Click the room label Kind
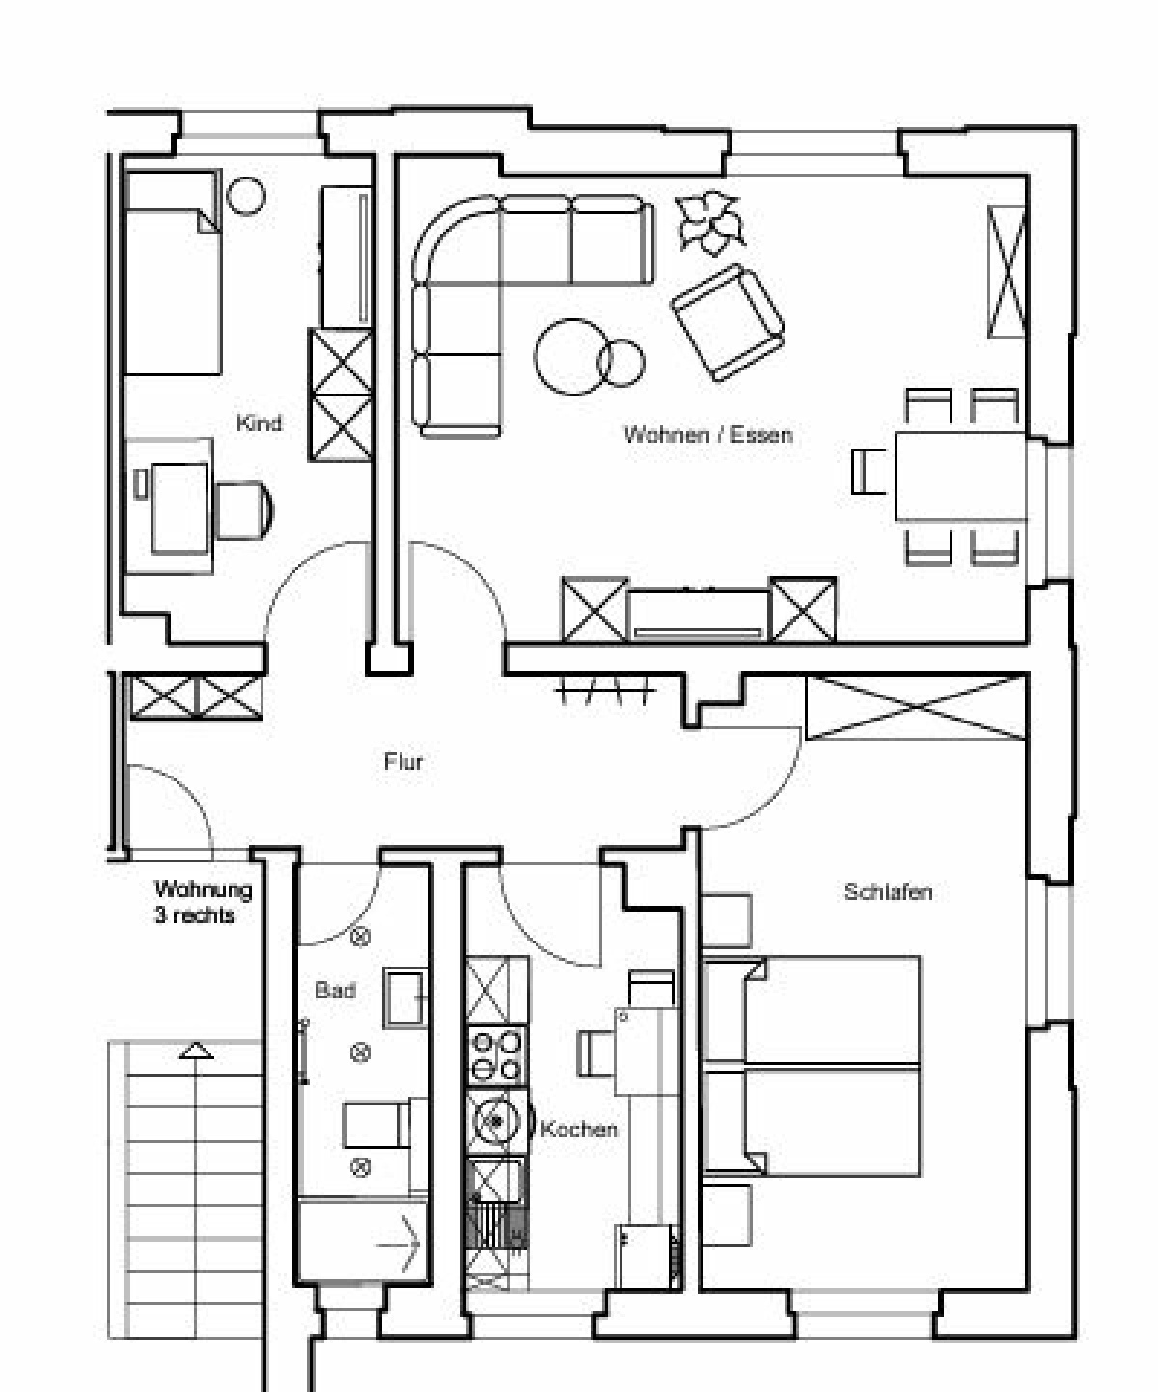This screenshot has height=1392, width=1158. coord(259,423)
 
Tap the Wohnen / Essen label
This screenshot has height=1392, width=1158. coord(708,435)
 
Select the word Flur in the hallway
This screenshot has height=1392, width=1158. coord(403,761)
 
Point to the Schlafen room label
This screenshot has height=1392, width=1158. coord(888,891)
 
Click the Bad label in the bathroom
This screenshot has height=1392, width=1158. coord(335,990)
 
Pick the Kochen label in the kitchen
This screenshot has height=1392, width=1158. coord(579,1129)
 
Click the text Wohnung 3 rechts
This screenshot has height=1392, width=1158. coord(203,902)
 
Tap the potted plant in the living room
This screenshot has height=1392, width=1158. coord(709,222)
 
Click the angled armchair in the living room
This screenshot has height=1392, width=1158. coord(727,322)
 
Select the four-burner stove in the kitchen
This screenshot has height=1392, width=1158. coord(496,1055)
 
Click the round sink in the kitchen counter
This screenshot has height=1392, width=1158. coord(496,1121)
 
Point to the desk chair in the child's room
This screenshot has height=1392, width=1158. coord(243,510)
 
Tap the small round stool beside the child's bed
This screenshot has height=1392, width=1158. coord(246,196)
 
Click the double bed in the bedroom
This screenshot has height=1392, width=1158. coord(813,1066)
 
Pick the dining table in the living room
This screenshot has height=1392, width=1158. coord(960,476)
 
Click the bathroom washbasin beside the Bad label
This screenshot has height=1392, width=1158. coord(405,998)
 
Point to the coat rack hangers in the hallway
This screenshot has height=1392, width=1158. coord(604,691)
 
